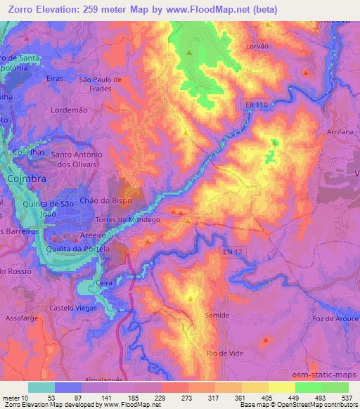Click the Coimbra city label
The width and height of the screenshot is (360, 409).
27,179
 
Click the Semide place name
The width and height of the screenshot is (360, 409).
217,316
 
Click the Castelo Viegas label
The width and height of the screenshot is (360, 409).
72,308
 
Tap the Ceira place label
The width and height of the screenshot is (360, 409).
105,280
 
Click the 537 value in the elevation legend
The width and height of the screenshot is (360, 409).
347,398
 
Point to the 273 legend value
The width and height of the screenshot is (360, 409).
187,398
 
